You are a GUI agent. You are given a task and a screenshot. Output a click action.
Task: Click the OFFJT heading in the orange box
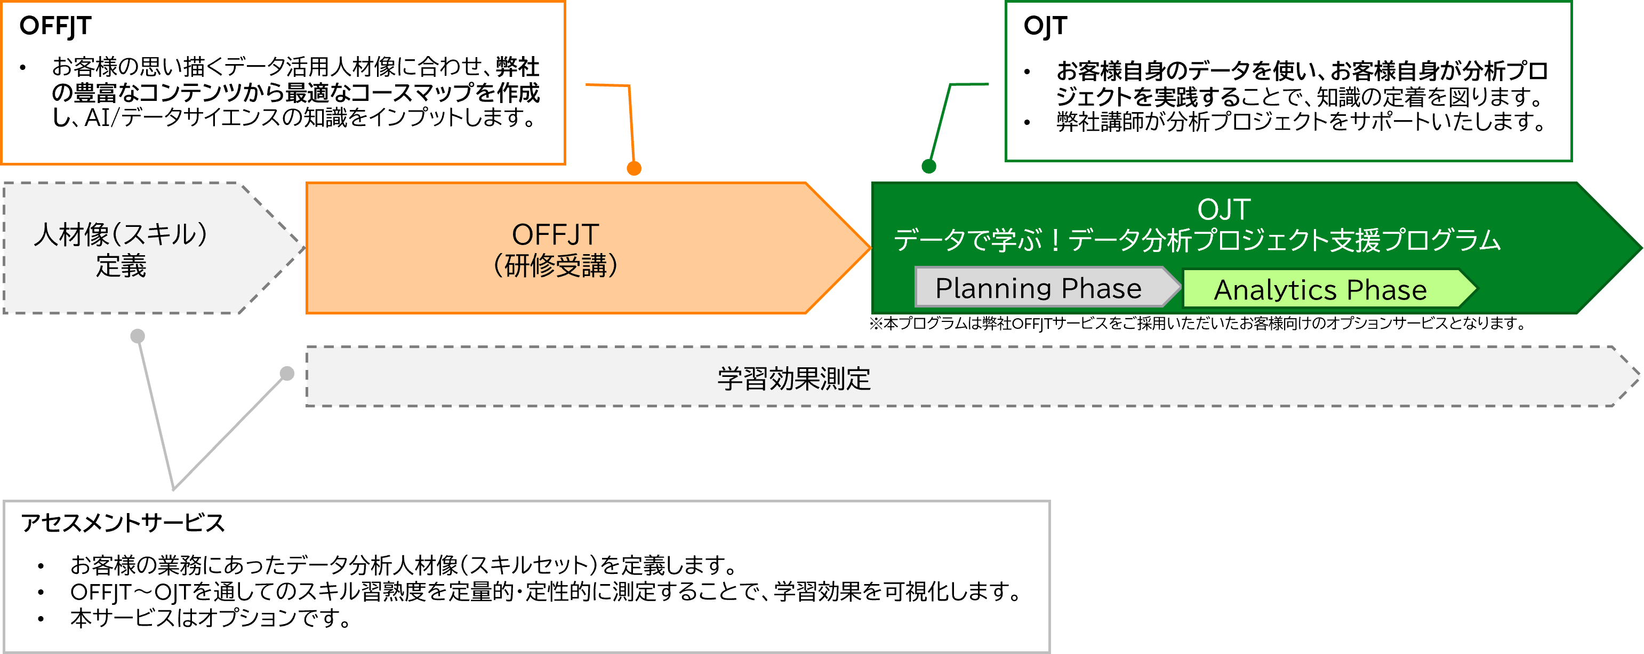click(55, 26)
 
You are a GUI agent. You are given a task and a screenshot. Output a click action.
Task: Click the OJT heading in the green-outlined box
click(1045, 26)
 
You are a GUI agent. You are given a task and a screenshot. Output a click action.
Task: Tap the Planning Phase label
click(1038, 288)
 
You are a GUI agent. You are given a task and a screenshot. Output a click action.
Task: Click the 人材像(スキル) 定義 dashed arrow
click(121, 249)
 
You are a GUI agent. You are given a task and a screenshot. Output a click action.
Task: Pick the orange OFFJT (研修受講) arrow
click(555, 249)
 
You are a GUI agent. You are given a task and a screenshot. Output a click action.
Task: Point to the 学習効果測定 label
click(793, 378)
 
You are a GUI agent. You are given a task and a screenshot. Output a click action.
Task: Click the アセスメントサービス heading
click(123, 523)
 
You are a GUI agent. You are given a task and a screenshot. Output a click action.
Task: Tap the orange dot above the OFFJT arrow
click(633, 168)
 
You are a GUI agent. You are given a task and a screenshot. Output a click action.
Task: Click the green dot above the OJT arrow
click(928, 166)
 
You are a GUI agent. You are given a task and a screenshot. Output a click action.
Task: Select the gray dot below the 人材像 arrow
click(137, 336)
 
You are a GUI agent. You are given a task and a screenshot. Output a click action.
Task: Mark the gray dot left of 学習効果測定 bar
click(287, 373)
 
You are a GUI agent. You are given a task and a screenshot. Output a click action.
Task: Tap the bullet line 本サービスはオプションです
click(211, 618)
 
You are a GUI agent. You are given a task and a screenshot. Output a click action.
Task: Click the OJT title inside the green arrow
click(1223, 209)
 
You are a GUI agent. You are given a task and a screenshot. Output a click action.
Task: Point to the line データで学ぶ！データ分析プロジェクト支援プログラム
click(1197, 240)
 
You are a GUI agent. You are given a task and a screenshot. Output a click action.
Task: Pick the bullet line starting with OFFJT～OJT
click(546, 592)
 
